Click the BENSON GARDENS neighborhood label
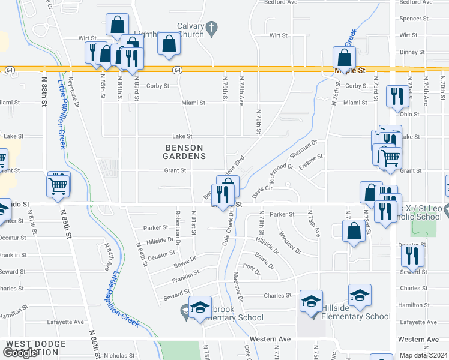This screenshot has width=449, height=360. [x=185, y=152]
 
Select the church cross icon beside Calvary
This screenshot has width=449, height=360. [x=211, y=27]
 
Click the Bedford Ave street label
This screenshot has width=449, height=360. [x=284, y=2]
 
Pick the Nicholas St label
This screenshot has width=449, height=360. [x=115, y=355]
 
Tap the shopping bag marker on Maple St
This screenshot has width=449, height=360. [x=345, y=59]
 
